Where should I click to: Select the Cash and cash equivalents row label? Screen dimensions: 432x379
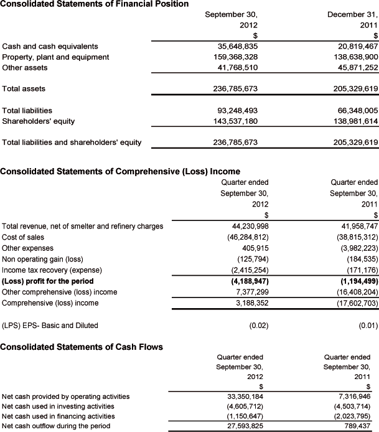[x=50, y=46]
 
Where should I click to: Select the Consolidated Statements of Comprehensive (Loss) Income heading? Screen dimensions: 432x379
[x=121, y=171]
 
